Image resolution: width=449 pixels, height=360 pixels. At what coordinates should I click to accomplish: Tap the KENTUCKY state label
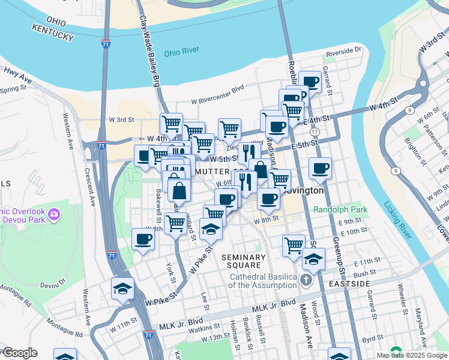click(53, 35)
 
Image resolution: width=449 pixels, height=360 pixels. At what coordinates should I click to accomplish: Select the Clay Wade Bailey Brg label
click(150, 50)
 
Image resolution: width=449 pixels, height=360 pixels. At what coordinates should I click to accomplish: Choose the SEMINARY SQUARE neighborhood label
click(242, 261)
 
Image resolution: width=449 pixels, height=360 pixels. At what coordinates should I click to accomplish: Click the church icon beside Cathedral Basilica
click(306, 280)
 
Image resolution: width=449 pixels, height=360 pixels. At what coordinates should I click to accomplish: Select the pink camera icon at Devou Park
click(54, 214)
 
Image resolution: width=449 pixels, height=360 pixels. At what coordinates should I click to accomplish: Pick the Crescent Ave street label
click(92, 185)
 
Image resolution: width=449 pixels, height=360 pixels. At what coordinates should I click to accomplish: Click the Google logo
click(19, 353)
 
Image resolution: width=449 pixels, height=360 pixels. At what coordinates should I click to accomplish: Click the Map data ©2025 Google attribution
click(412, 355)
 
